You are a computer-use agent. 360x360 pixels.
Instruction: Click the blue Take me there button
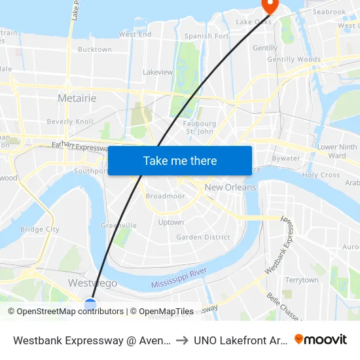coord(179,160)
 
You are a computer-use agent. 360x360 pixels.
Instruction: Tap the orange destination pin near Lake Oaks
coord(269,5)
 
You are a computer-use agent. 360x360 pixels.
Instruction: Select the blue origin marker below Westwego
coord(90,304)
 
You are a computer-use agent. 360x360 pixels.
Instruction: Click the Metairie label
coord(77,98)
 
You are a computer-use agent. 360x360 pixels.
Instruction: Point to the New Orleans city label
coord(230,187)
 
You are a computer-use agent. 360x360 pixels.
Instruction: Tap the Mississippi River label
coord(179,278)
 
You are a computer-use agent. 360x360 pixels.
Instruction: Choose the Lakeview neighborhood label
coord(157,72)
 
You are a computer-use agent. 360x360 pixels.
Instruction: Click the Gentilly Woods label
coord(295,60)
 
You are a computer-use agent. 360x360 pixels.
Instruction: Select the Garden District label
coord(203,237)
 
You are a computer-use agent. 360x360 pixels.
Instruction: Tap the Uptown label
coord(171,223)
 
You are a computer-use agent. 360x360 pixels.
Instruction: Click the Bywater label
coord(285,158)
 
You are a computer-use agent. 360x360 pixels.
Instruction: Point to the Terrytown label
coord(301,280)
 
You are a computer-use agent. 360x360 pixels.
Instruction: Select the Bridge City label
coord(39,230)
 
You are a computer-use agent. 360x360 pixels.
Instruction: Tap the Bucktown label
coord(95,49)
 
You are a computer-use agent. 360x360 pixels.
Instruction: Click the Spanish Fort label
coord(206,37)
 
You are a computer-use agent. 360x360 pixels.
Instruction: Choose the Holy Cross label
coord(321,175)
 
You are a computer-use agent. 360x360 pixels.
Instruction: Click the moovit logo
coord(321,339)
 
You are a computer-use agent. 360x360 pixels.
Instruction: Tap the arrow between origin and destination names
coord(181,340)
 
